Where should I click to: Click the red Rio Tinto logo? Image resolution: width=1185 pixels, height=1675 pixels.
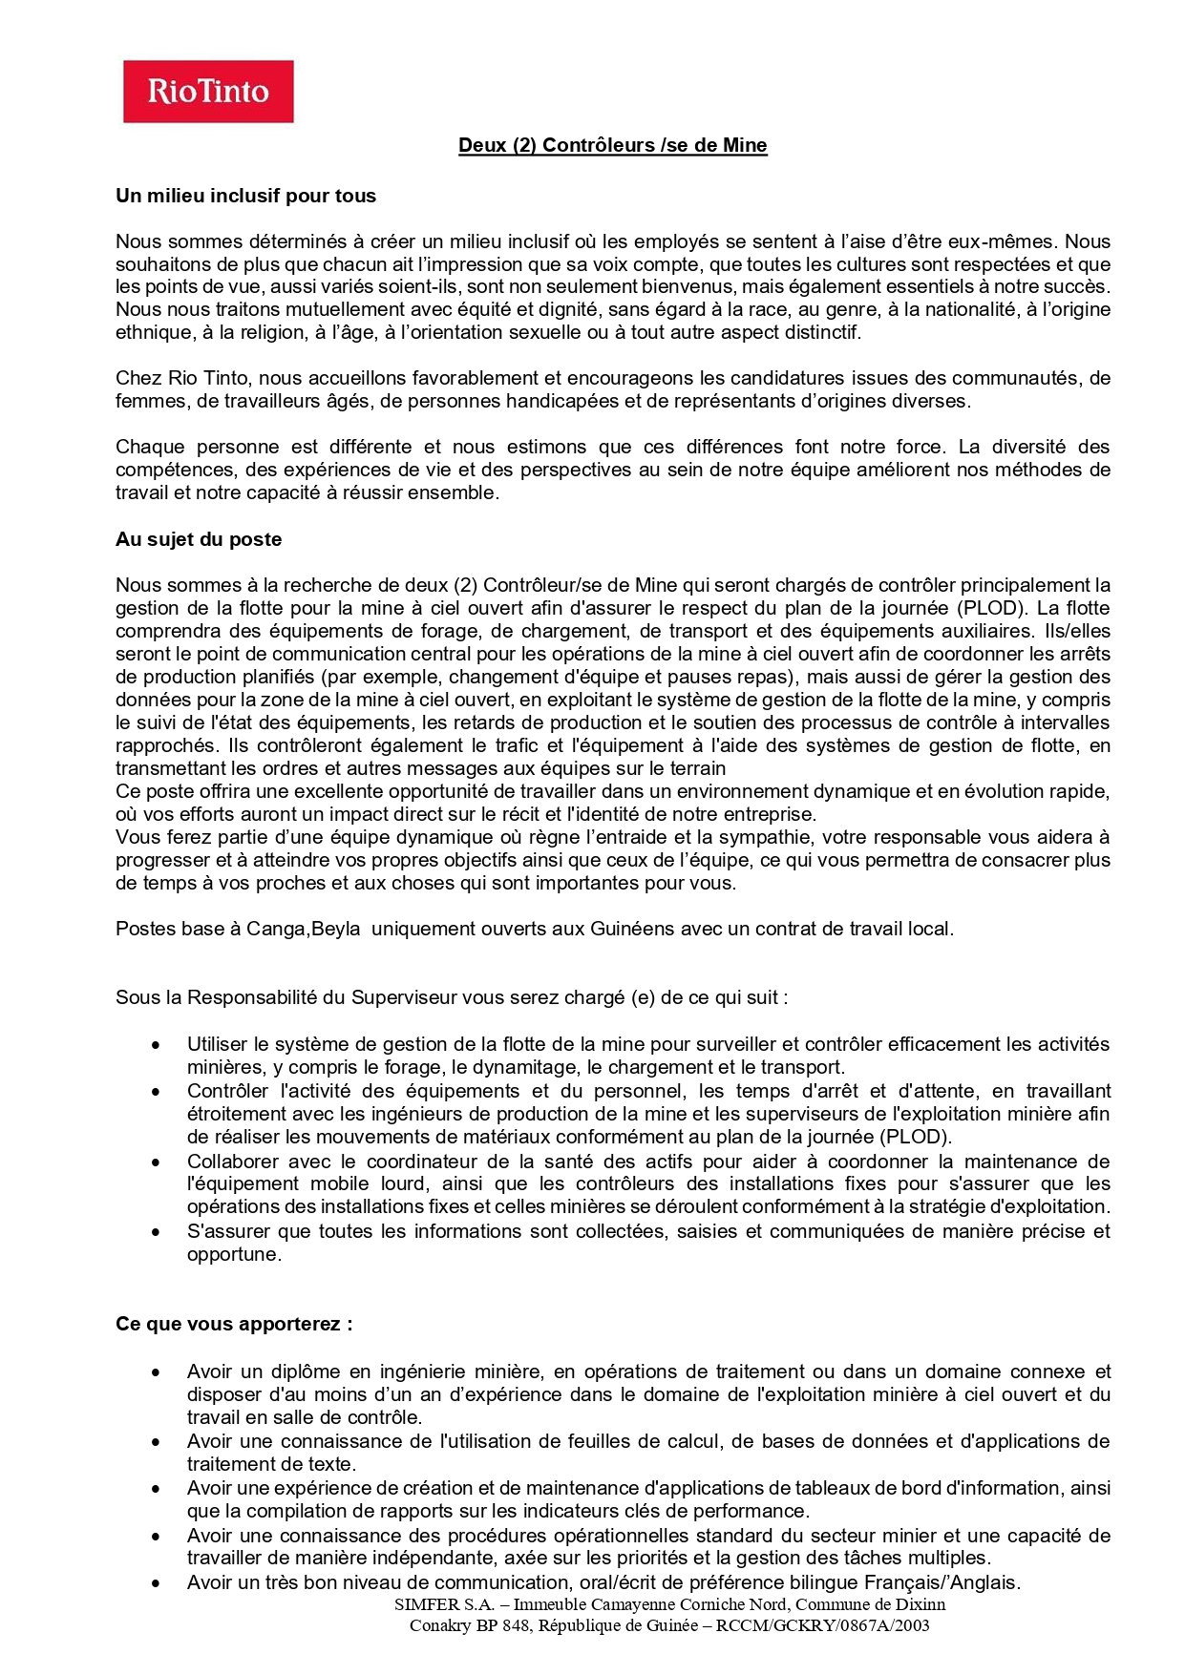208,92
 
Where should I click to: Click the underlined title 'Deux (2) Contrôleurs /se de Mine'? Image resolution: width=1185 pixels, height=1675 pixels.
612,145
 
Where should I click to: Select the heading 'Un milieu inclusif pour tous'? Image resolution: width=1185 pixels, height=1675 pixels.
245,196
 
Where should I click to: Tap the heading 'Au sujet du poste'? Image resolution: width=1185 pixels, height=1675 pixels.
199,539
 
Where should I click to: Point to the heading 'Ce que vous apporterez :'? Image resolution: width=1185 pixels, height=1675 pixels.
234,1324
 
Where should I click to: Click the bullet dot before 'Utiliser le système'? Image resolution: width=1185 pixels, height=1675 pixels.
156,1045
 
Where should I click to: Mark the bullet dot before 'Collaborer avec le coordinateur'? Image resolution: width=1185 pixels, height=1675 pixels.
156,1162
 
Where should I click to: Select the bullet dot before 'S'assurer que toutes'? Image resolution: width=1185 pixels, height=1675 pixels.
156,1232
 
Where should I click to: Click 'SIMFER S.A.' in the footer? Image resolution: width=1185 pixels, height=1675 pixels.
444,1604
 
